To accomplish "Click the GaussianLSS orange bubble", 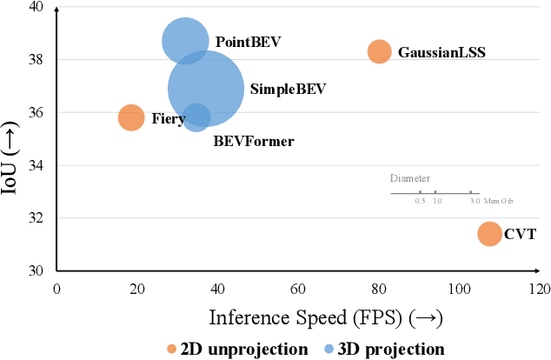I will [x=379, y=52].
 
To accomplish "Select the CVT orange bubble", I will [x=489, y=234].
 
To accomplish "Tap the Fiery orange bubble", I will [x=130, y=117].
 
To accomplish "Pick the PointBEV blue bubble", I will [x=184, y=41].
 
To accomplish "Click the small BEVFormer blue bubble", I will [x=197, y=117].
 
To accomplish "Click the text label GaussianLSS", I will [x=441, y=52].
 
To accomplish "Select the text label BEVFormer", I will [x=253, y=141].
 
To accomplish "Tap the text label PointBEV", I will [x=248, y=42].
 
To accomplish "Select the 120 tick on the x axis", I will [x=539, y=288].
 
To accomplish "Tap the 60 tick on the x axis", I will [x=298, y=288].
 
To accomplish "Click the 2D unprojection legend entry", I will [x=237, y=349].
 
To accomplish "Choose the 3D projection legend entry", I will [x=387, y=349].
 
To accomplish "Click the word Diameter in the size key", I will [x=409, y=177].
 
